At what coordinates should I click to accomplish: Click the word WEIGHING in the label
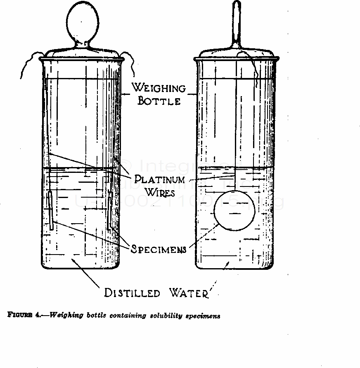[x=158, y=88]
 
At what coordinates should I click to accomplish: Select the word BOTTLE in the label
[x=159, y=101]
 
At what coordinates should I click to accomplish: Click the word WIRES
[x=160, y=192]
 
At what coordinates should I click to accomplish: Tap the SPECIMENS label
[x=159, y=249]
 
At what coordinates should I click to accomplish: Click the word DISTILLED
[x=132, y=293]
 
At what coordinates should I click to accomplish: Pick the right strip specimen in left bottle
[x=110, y=210]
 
